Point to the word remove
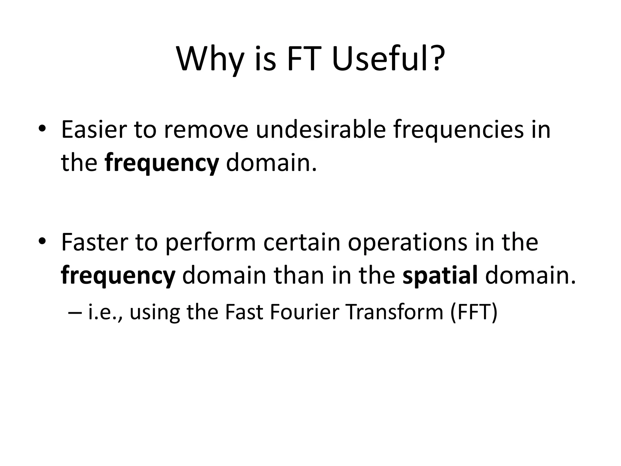(x=206, y=130)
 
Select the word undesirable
(x=321, y=130)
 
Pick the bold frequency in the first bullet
(x=162, y=163)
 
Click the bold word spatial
(x=440, y=275)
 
